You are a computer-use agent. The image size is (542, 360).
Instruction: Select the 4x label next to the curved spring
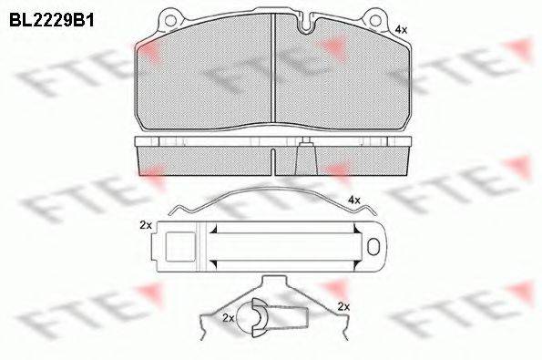coord(353,199)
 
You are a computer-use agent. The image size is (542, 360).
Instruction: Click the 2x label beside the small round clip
coord(228,317)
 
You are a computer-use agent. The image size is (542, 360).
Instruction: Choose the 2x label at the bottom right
coord(343,306)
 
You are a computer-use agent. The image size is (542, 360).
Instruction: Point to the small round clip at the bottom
coord(259,314)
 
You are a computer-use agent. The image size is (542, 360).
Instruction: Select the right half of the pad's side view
coord(351,161)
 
